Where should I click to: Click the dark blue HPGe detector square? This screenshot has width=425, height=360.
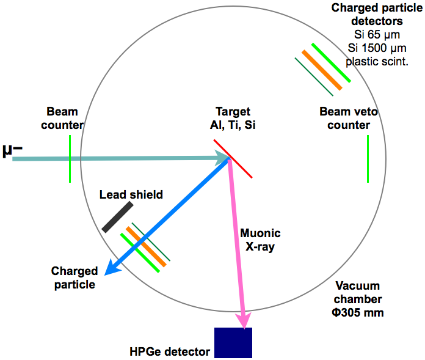click(x=233, y=342)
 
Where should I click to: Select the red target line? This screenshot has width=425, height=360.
click(x=233, y=158)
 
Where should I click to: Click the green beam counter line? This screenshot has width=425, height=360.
click(x=70, y=158)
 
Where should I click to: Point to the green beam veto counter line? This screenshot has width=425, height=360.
click(x=368, y=158)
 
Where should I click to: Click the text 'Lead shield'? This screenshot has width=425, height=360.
click(x=131, y=195)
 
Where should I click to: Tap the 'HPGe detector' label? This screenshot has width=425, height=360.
click(x=170, y=351)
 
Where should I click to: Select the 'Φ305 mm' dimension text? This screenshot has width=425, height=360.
click(x=358, y=312)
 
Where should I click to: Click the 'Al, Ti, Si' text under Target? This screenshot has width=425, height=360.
click(x=233, y=125)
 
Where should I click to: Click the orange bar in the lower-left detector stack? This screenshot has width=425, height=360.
click(x=145, y=248)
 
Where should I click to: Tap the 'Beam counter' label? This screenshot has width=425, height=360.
click(x=65, y=119)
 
